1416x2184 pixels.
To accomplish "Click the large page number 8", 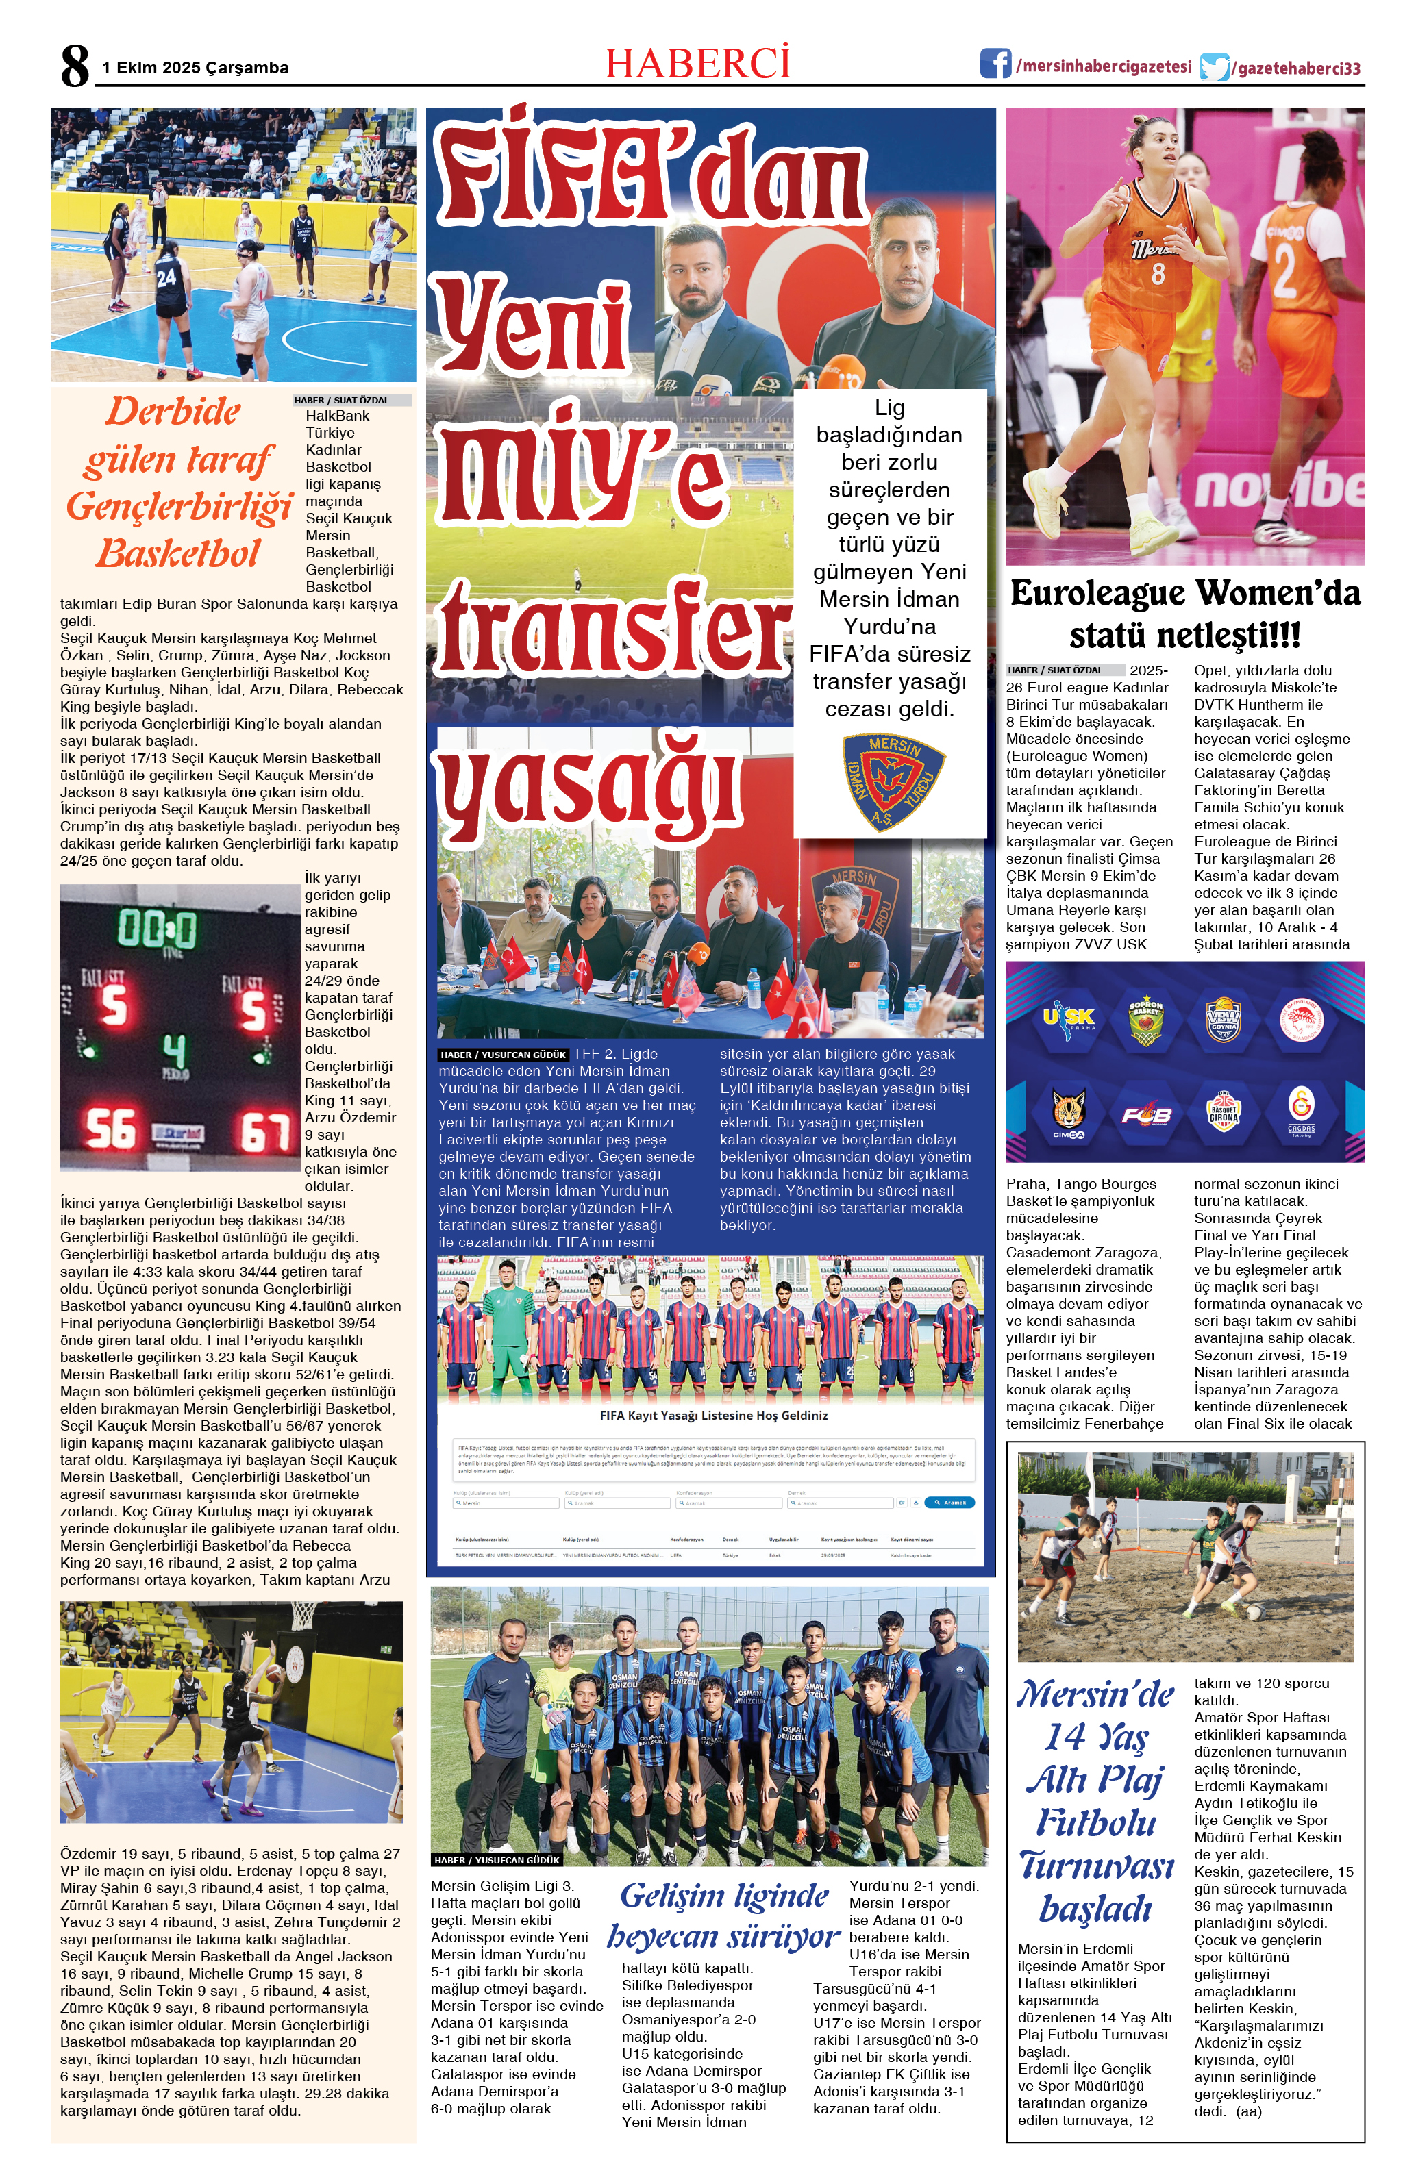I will tap(75, 66).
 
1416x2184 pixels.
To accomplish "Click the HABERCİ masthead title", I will tap(697, 64).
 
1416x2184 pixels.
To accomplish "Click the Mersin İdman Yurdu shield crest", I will tap(892, 781).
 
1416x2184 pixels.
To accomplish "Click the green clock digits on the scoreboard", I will tap(157, 928).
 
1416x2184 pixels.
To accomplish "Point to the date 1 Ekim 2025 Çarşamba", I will tap(195, 68).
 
